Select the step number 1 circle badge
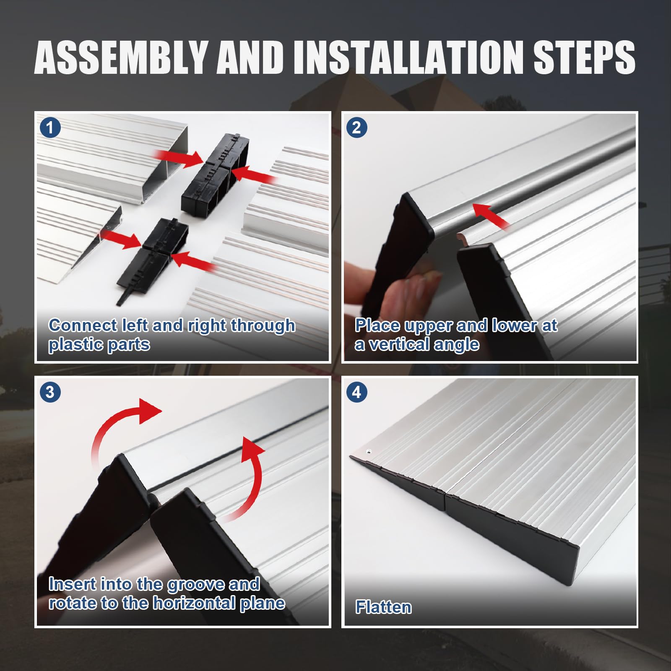(50, 127)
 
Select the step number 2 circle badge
(356, 127)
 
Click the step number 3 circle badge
(50, 392)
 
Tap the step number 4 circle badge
(356, 392)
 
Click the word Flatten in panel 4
(383, 607)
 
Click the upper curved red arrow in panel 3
(122, 424)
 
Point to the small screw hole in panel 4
(369, 452)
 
